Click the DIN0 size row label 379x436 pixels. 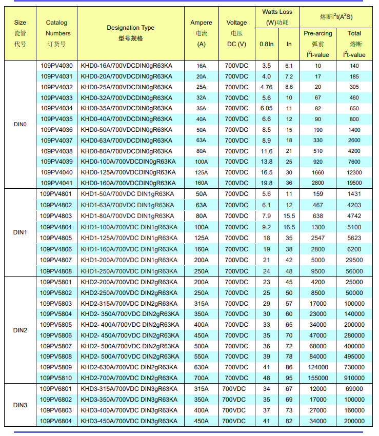pyautogui.click(x=20, y=124)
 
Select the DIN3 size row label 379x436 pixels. pyautogui.click(x=20, y=405)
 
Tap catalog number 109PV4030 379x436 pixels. pyautogui.click(x=56, y=66)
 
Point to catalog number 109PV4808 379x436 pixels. pyautogui.click(x=56, y=271)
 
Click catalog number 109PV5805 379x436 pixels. pyautogui.click(x=56, y=325)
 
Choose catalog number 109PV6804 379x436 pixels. pyautogui.click(x=56, y=421)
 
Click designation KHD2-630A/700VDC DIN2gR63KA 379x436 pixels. pyautogui.click(x=129, y=367)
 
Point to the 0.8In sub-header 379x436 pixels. pyautogui.click(x=266, y=44)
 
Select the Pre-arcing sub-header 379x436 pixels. pyautogui.click(x=318, y=33)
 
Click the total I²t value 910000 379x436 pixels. pyautogui.click(x=354, y=378)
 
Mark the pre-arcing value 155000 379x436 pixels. pyautogui.click(x=318, y=378)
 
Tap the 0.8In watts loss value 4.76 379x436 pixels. pyautogui.click(x=266, y=87)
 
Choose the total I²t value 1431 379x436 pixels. pyautogui.click(x=354, y=194)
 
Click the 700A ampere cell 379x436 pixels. pyautogui.click(x=201, y=378)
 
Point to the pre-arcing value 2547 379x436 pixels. pyautogui.click(x=318, y=237)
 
